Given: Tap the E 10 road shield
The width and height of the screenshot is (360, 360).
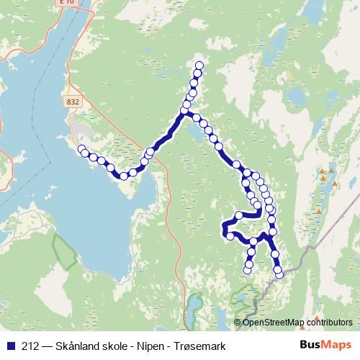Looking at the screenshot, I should tap(67, 3).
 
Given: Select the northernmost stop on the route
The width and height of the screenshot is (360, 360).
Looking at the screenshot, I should tap(199, 67).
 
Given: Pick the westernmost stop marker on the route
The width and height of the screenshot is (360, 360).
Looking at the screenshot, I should tap(82, 150).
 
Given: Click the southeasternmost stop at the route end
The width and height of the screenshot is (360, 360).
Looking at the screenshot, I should tap(279, 274).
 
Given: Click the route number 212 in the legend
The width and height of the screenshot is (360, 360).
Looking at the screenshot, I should tap(30, 346).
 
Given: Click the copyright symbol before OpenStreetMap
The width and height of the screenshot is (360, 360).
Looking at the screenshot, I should tap(238, 322).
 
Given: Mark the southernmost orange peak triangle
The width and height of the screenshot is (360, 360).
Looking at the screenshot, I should tap(318, 212).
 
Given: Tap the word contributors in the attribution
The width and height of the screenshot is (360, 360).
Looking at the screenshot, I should tap(329, 322).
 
